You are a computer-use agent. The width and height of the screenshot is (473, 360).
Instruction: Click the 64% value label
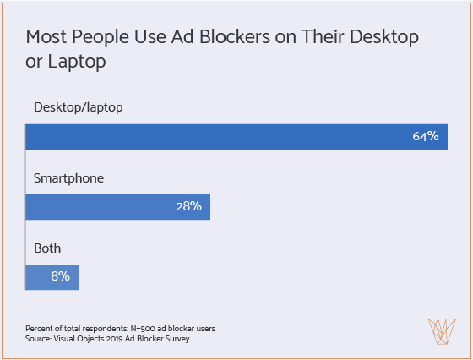click(425, 137)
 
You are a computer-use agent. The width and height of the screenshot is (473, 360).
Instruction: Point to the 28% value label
click(188, 207)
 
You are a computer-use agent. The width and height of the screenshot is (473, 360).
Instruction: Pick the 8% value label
click(60, 276)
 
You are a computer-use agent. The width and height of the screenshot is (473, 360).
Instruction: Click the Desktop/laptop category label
click(79, 107)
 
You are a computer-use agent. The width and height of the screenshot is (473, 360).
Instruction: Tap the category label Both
click(47, 248)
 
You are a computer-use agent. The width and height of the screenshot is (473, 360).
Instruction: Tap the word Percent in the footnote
click(39, 327)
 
